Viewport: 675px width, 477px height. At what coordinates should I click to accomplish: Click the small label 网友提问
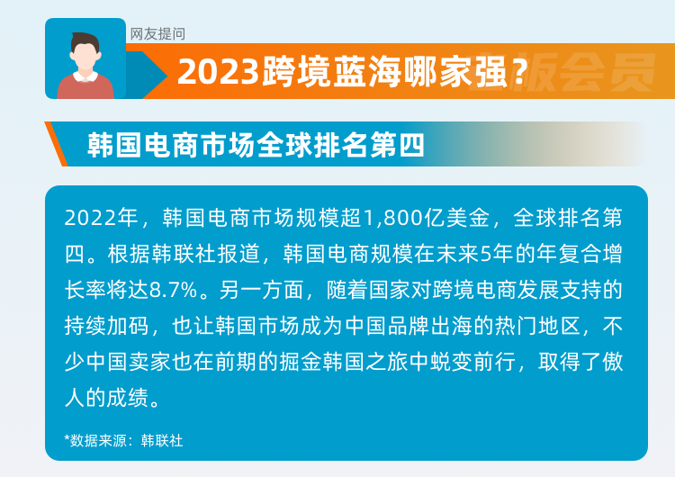click(157, 34)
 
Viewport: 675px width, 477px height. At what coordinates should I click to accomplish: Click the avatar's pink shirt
click(85, 88)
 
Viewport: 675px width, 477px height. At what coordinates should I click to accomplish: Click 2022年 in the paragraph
click(100, 218)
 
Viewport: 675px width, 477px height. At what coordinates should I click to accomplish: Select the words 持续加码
click(100, 326)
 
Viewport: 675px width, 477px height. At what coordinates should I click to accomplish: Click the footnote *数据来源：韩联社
click(123, 440)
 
